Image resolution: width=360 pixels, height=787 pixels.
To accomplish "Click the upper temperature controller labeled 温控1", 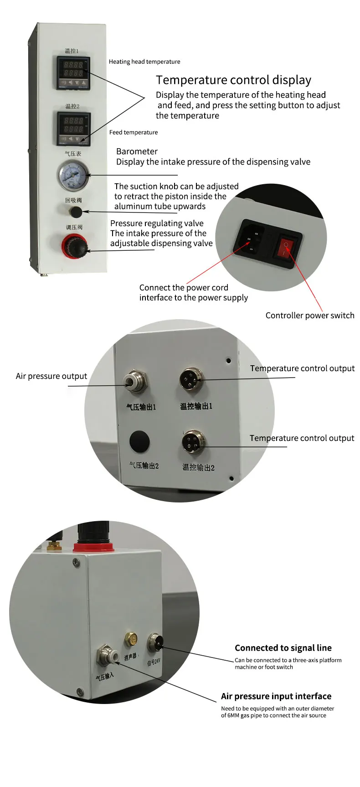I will coord(73,72).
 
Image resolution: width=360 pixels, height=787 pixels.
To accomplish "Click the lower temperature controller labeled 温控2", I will coord(73,128).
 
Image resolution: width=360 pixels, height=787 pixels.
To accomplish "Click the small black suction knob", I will coord(76,212).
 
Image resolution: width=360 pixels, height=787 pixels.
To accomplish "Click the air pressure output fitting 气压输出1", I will coord(136,382).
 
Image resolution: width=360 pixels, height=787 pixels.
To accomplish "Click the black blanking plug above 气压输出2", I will coord(139,441).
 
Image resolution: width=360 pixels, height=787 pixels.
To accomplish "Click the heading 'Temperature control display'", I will coord(233,80).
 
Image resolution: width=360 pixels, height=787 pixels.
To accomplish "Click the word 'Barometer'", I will coord(137,151).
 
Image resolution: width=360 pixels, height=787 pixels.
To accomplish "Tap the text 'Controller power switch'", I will coord(309,316).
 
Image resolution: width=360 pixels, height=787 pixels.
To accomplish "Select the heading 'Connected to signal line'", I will coord(283,648).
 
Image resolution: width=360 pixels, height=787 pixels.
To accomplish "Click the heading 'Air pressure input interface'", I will coord(276,696).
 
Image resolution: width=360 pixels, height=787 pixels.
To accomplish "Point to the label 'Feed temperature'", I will coord(133,132).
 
